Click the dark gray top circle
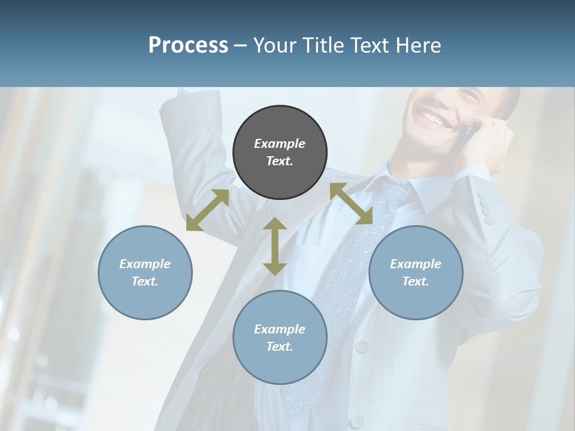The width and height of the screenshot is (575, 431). point(280,152)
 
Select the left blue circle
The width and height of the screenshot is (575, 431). point(145,272)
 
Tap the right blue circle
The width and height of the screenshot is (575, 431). point(416,272)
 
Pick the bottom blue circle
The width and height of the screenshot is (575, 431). point(280,338)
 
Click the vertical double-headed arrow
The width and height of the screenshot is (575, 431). point(275,246)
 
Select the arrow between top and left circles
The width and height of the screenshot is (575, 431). point(207,210)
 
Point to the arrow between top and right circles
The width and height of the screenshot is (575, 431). point(352,204)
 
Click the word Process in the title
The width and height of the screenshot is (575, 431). point(188,45)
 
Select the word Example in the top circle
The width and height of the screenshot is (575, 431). point(280,144)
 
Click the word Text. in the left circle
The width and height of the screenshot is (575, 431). point(145,281)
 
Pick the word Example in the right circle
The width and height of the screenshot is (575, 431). point(416,264)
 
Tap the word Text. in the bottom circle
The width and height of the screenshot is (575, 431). point(280,347)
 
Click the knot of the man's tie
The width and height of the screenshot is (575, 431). point(393,195)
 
